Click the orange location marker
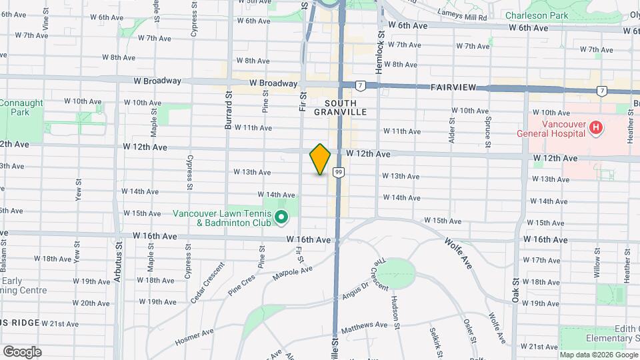[x=320, y=159]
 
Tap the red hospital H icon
[x=597, y=127]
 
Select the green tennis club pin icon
[x=281, y=217]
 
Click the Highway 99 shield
[x=339, y=173]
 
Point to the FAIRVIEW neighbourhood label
[x=453, y=87]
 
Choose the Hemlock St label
[x=381, y=46]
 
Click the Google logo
[x=22, y=351]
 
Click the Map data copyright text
[x=597, y=355]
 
